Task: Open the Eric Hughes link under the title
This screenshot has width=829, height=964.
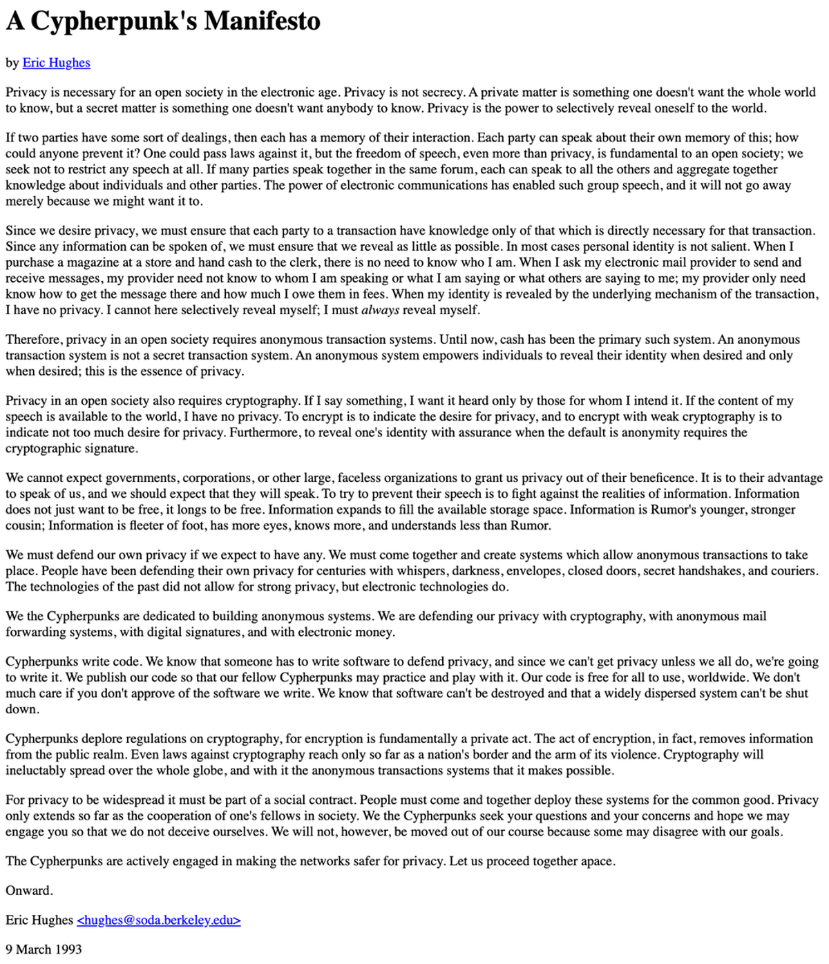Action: (56, 63)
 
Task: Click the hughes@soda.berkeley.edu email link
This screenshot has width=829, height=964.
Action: (159, 920)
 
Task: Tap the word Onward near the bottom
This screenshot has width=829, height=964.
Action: (28, 890)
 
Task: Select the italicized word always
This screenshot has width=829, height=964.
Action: (380, 310)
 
